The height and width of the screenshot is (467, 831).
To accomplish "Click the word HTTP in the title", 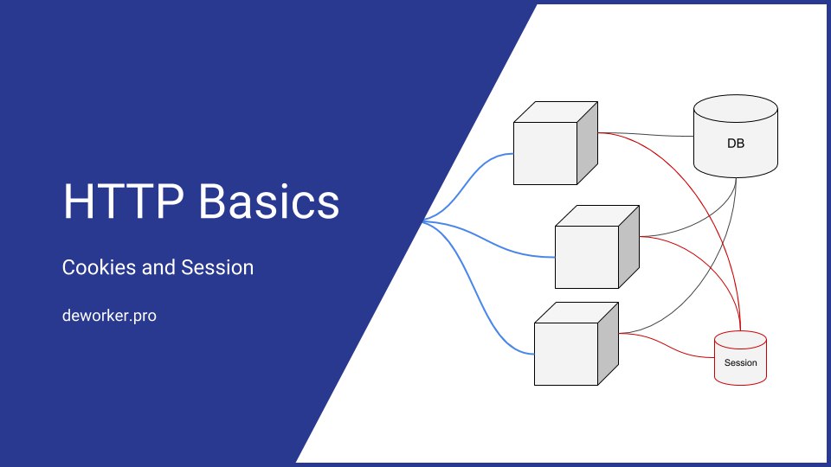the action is pyautogui.click(x=124, y=202).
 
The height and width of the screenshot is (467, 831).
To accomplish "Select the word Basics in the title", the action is pyautogui.click(x=268, y=202).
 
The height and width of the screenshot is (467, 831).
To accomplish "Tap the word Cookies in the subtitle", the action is pyautogui.click(x=99, y=267).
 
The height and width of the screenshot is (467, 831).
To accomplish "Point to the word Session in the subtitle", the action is pyautogui.click(x=217, y=267).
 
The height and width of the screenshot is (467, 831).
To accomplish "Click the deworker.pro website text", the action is pyautogui.click(x=109, y=316).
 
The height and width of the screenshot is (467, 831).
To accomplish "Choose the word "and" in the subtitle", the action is pyautogui.click(x=158, y=267).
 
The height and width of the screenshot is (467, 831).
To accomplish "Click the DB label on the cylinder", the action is pyautogui.click(x=736, y=144).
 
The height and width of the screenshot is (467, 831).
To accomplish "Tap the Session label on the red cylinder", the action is pyautogui.click(x=740, y=362).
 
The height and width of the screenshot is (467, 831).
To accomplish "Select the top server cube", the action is pyautogui.click(x=556, y=143).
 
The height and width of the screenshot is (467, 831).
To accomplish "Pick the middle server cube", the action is pyautogui.click(x=596, y=246).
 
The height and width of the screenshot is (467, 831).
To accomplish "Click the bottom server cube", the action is pyautogui.click(x=577, y=343).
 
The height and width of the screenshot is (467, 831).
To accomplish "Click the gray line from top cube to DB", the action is pyautogui.click(x=646, y=134).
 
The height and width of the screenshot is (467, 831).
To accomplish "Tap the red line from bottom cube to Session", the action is pyautogui.click(x=667, y=348).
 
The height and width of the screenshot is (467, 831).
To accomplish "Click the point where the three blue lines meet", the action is pyautogui.click(x=423, y=221).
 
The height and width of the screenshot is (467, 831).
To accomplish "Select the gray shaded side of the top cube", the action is pyautogui.click(x=587, y=143).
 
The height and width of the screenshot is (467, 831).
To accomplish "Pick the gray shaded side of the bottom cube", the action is pyautogui.click(x=608, y=343).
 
